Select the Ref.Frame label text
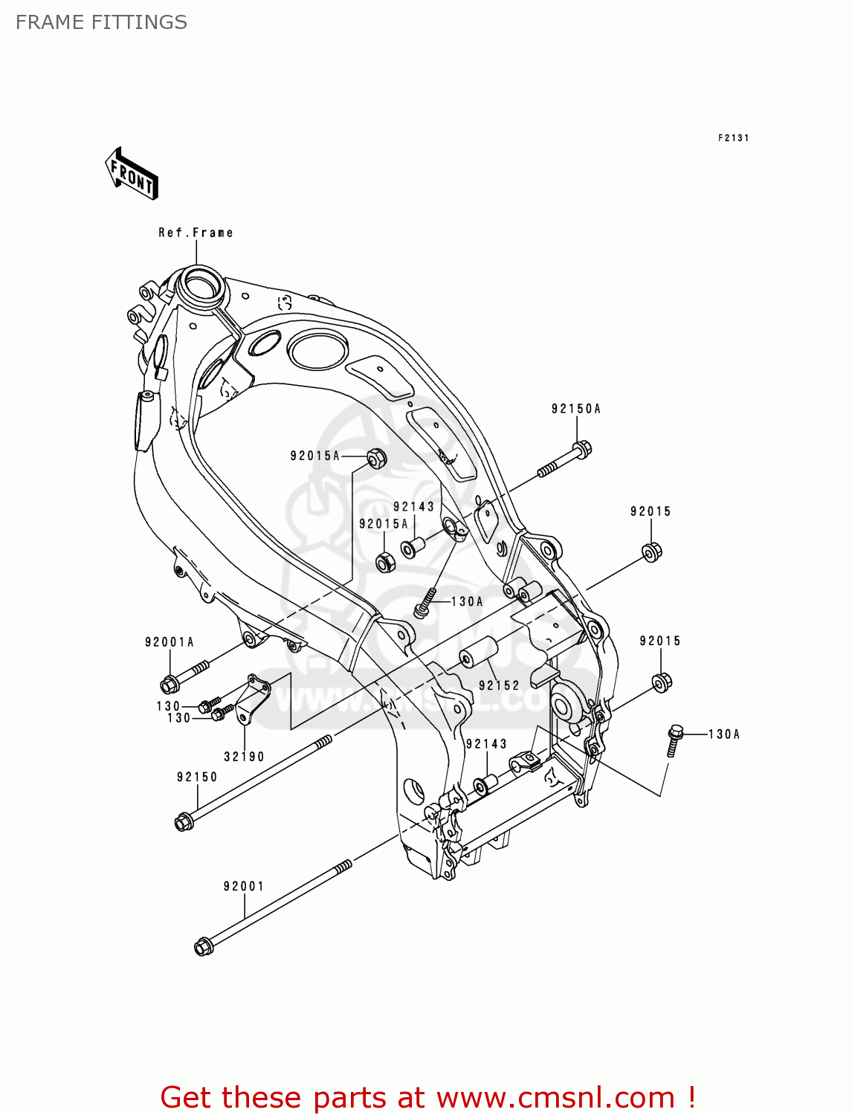pos(196,233)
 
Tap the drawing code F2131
pos(733,138)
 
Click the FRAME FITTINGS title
pos(101,22)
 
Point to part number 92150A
pos(575,409)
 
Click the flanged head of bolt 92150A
pos(582,449)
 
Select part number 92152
pos(499,685)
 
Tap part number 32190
pos(244,757)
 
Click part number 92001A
pos(169,642)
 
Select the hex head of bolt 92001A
pos(168,682)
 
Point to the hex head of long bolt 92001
pos(202,947)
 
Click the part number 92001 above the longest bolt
pos(244,886)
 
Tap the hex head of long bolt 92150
pos(183,821)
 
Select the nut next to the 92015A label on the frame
pos(377,458)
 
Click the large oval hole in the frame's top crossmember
pos(317,349)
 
